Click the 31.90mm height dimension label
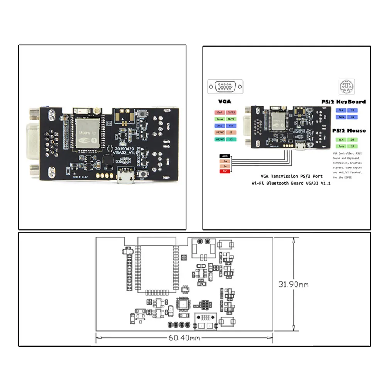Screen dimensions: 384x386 click(293, 285)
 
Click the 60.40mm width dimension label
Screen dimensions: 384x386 click(184, 338)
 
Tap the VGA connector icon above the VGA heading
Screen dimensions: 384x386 click(226, 86)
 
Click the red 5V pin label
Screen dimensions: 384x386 click(224, 171)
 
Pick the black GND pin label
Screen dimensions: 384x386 click(224, 156)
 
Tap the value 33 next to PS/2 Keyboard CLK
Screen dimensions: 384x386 click(352, 110)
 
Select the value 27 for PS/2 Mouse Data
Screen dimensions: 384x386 click(352, 146)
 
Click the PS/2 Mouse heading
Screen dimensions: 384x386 click(349, 130)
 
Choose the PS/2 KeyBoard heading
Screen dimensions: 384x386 click(343, 101)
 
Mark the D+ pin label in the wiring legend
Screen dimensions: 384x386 click(224, 161)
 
